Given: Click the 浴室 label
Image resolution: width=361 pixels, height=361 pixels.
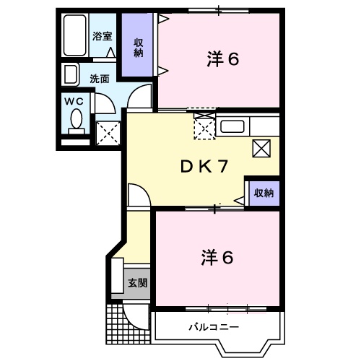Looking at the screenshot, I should click(x=101, y=35).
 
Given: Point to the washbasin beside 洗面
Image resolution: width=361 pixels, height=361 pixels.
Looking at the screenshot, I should click(x=71, y=75).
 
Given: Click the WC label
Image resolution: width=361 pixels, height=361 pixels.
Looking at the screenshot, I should click(x=74, y=101).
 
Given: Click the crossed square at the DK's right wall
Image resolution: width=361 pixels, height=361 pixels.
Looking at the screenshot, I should click(x=261, y=148).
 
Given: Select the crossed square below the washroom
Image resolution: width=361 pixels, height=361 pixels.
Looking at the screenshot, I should click(x=108, y=133).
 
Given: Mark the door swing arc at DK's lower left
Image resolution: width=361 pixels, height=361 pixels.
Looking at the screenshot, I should click(x=137, y=195).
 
